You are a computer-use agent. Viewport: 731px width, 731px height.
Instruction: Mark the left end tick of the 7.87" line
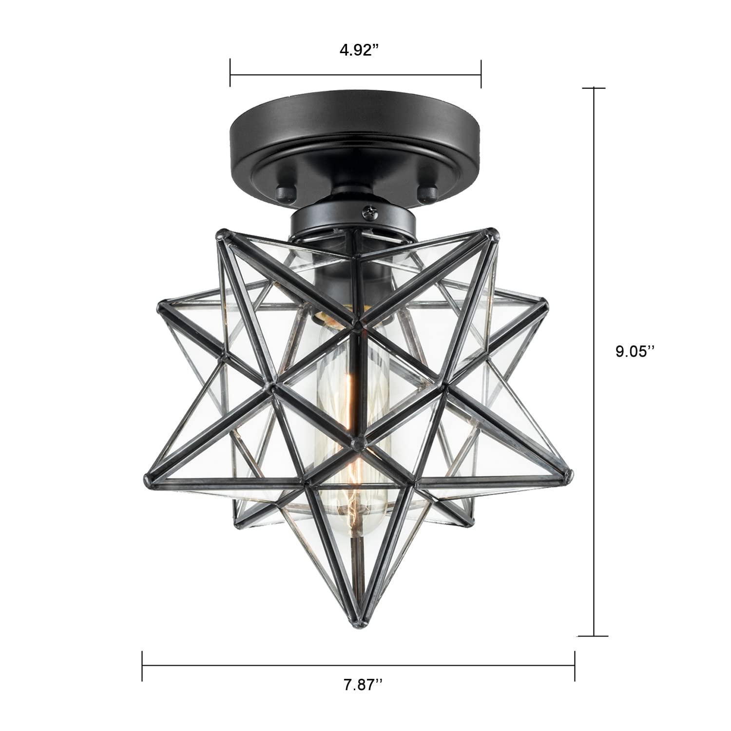(142, 666)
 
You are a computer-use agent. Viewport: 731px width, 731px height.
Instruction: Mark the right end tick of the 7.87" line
(575, 666)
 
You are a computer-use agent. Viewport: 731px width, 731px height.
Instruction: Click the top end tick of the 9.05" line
(593, 88)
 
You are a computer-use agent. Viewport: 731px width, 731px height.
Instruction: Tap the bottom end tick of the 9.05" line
(593, 636)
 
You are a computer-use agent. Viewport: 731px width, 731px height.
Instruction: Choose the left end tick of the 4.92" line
(230, 74)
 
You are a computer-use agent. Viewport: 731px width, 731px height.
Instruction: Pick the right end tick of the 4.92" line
(481, 74)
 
